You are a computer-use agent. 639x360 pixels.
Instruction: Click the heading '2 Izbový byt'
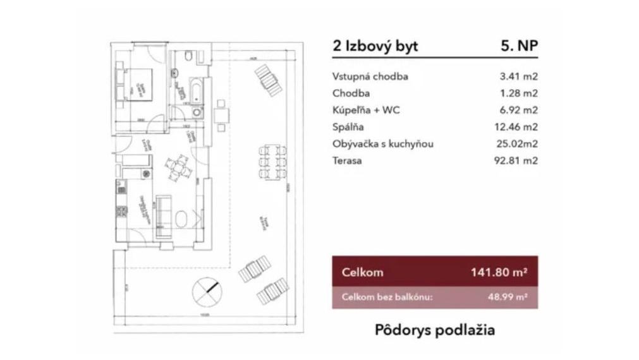coord(375,46)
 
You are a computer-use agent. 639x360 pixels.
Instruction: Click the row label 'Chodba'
coord(350,93)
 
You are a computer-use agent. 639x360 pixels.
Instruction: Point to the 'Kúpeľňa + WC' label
coord(366,111)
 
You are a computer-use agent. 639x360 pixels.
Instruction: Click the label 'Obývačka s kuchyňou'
coord(382,144)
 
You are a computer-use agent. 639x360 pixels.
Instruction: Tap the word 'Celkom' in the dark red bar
coord(362,273)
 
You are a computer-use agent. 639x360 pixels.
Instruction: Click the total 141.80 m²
coord(499,273)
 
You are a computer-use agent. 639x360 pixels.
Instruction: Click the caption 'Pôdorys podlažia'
coord(434,330)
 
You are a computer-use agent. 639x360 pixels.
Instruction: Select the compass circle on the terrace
coord(207,290)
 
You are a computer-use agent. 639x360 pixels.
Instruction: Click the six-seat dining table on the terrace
coord(272,161)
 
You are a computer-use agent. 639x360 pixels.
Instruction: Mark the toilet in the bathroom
coord(188,58)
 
